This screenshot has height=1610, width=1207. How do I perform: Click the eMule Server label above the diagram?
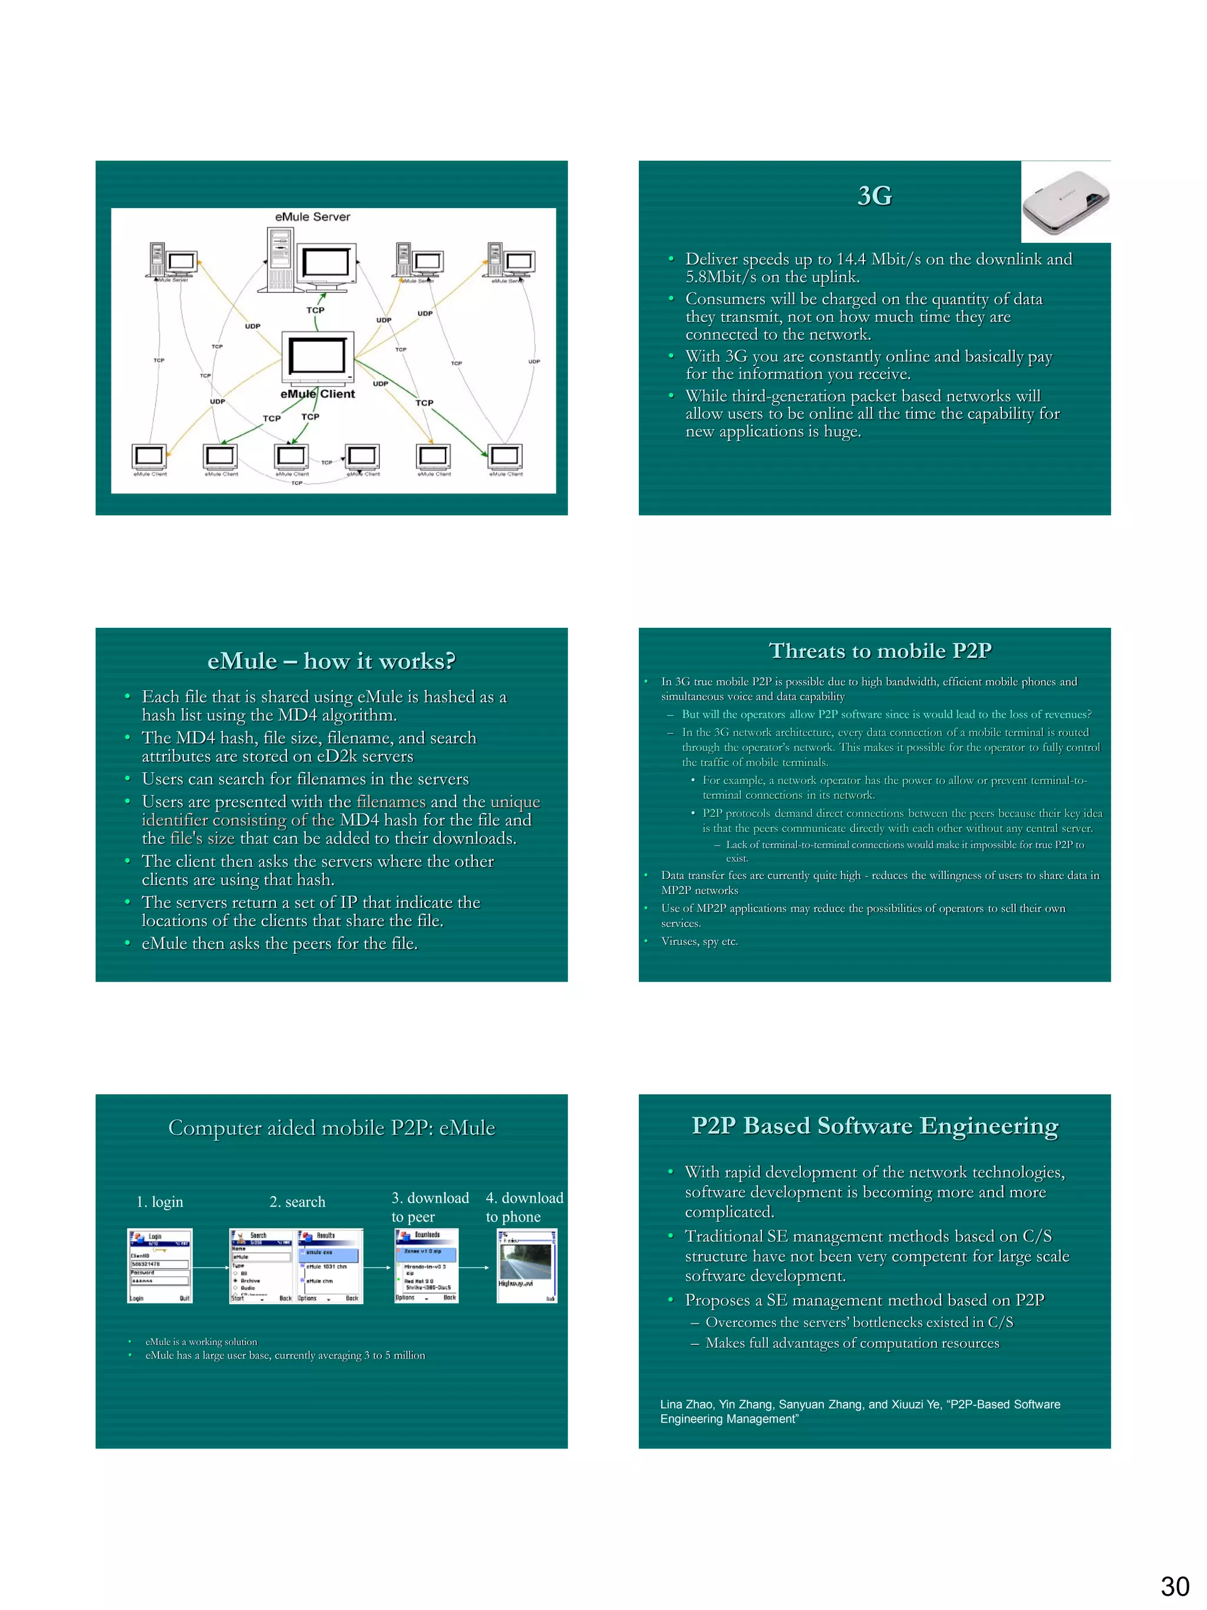click(x=312, y=217)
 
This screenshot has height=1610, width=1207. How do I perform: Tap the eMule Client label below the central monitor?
click(x=317, y=394)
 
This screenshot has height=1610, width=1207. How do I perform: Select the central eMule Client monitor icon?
click(x=317, y=357)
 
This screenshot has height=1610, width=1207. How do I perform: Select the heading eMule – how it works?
click(x=331, y=661)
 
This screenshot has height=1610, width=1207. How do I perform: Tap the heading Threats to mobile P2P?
click(x=879, y=650)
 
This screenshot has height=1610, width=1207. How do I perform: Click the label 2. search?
click(x=297, y=1201)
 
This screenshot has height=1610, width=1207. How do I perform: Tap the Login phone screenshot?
click(x=159, y=1266)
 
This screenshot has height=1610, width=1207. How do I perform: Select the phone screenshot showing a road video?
click(x=527, y=1266)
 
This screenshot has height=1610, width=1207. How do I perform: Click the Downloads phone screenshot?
click(x=426, y=1266)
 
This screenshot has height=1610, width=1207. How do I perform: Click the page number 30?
click(x=1174, y=1586)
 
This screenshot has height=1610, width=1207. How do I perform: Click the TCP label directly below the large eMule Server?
click(x=315, y=310)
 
